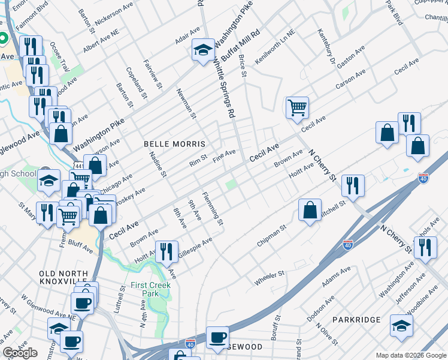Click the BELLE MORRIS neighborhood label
(174, 145)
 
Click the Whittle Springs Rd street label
(223, 91)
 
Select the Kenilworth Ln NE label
(275, 47)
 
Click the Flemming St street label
(213, 208)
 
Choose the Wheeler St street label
(269, 278)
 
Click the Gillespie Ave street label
(195, 248)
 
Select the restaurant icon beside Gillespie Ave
(167, 250)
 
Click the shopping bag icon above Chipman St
(310, 211)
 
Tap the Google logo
(20, 353)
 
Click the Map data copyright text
(410, 355)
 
